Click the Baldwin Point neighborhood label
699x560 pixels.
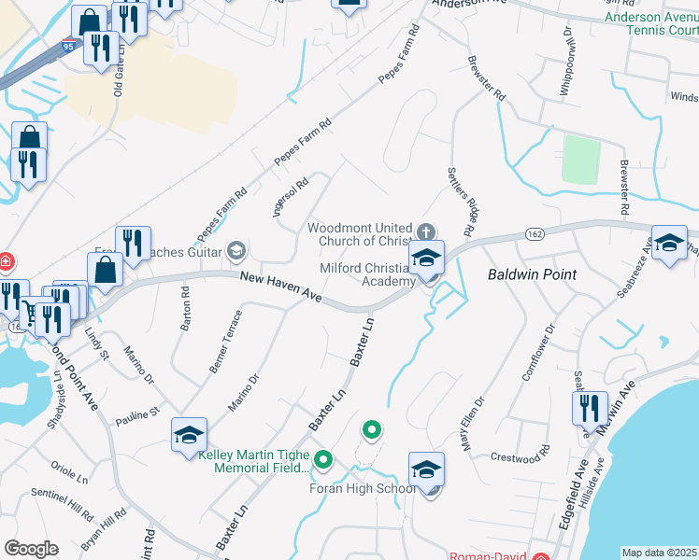(532, 274)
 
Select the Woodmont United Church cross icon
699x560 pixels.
(426, 231)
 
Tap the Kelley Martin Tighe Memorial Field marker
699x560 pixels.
(323, 459)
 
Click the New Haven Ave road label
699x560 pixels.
(280, 287)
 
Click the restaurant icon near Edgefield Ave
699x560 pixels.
(589, 409)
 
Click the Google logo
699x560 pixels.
(31, 549)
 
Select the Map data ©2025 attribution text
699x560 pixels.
(659, 553)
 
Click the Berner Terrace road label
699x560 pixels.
(225, 343)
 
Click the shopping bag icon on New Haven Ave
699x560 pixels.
(106, 270)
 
